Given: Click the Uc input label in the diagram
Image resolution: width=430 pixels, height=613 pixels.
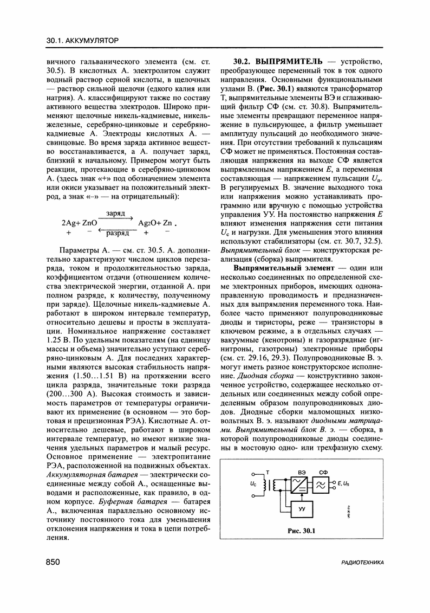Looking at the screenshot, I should coord(253,482).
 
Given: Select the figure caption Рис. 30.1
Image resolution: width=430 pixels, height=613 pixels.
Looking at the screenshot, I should coord(302,531).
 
